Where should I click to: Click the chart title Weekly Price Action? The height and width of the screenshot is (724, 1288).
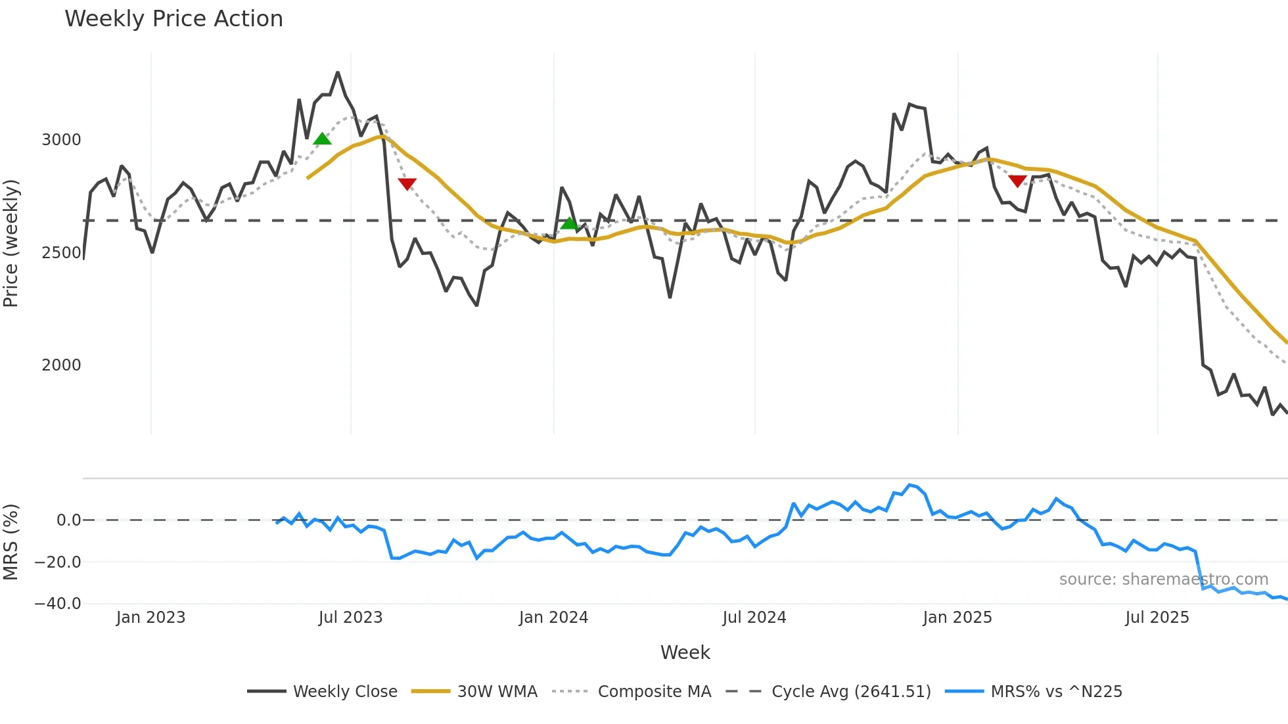173,19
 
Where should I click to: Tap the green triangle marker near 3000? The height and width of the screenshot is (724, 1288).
322,139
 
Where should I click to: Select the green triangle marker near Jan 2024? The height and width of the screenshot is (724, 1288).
569,223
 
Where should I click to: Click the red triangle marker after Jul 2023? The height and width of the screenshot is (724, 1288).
407,184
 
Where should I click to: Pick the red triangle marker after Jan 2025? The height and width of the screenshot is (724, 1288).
1017,181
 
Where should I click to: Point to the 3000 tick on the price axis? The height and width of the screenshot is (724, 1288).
61,140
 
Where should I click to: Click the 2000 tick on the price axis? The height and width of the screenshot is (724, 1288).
61,365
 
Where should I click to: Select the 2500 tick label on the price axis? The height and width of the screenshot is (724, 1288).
61,253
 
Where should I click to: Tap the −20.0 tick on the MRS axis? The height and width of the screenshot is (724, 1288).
58,562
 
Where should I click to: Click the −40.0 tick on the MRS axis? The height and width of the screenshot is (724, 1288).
58,604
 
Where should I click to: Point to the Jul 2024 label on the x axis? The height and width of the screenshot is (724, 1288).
754,618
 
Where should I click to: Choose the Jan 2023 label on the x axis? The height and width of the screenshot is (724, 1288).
150,618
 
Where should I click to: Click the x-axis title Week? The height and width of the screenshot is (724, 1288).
685,652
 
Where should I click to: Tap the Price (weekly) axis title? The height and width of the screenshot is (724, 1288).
11,243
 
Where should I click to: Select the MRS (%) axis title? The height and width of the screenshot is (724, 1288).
11,542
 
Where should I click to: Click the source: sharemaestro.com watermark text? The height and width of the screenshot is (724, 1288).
1163,579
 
